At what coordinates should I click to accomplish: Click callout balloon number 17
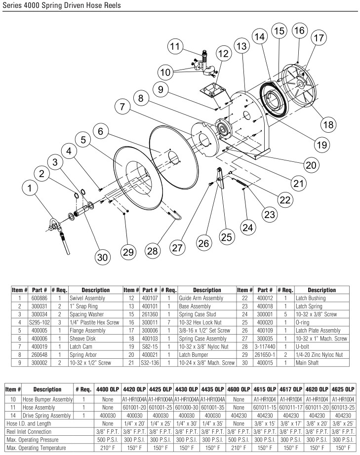[x=319, y=38]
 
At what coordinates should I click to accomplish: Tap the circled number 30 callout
[x=103, y=257]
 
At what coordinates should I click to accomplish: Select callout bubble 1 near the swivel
[x=30, y=188]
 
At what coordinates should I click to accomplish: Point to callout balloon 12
[x=223, y=53]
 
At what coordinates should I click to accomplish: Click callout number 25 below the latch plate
[x=227, y=237]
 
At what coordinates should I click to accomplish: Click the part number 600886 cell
[x=39, y=298]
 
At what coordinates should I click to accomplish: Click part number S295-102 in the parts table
[x=39, y=322]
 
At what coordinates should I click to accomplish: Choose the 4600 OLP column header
[x=239, y=389]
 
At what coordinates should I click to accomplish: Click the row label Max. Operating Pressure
[x=33, y=440]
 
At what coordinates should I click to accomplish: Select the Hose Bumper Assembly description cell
[x=47, y=399]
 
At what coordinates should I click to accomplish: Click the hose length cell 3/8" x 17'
[x=290, y=423]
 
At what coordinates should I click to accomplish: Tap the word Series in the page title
[x=12, y=5]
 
